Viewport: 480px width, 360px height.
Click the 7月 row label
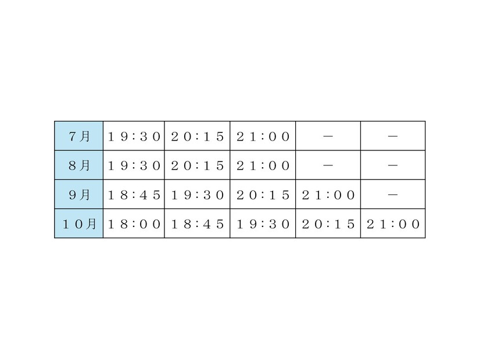pos(79,136)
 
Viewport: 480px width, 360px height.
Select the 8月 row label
pos(79,165)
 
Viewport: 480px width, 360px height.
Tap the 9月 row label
pos(79,195)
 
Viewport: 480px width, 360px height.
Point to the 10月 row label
pos(79,224)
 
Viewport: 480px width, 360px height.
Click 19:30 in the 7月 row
pos(134,136)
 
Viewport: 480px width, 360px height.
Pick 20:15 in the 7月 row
pos(198,136)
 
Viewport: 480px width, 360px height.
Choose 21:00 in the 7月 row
pos(263,136)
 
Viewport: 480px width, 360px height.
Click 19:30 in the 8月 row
pos(134,166)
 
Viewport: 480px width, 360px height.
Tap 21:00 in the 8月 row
pos(263,166)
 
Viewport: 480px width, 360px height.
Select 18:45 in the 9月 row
pos(134,195)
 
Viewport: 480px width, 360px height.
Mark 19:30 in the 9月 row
pos(198,195)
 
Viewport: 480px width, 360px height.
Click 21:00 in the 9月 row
pos(328,195)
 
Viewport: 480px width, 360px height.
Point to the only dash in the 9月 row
pos(393,195)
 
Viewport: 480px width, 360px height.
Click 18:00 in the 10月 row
pos(134,225)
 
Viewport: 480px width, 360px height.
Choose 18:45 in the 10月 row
pos(198,225)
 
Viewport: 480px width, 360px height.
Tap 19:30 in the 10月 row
pos(263,225)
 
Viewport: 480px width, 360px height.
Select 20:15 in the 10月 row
pos(328,225)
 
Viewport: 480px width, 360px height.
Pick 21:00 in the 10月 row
pos(393,225)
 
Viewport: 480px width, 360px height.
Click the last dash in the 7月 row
pos(393,136)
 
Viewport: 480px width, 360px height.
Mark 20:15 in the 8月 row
pos(198,166)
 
